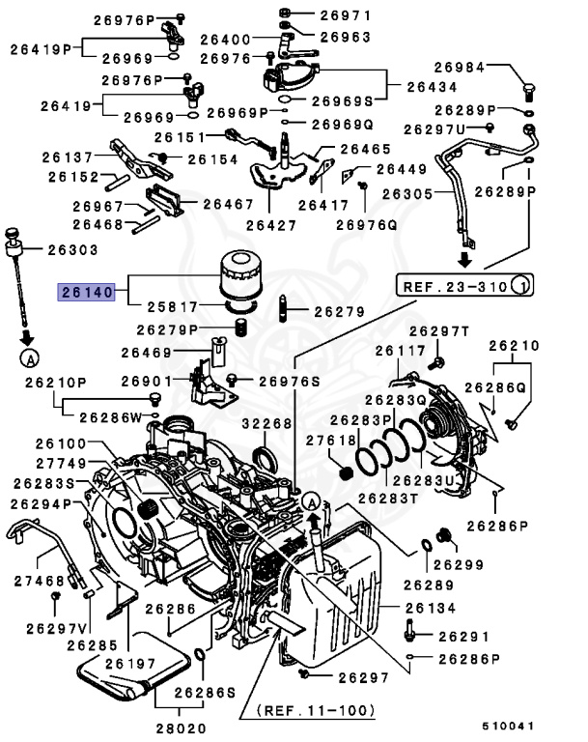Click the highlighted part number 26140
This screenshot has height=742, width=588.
tap(88, 290)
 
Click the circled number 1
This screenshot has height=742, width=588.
tap(519, 285)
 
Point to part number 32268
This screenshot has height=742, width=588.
tap(266, 423)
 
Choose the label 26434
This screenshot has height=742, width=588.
tap(432, 86)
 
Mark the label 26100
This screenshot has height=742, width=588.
tap(62, 443)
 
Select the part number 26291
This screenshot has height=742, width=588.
tap(463, 637)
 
